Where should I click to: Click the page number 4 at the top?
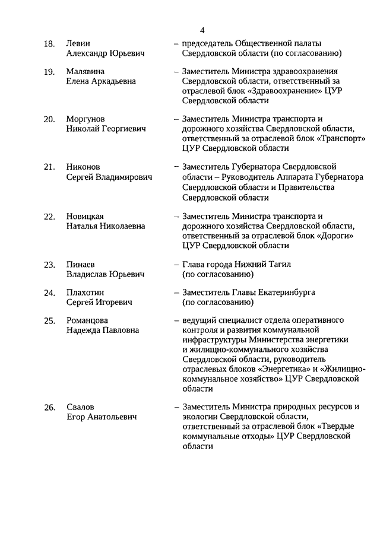click(202, 30)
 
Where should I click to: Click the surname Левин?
click(78, 43)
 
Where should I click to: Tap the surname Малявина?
click(85, 71)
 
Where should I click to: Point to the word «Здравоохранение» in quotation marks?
click(288, 90)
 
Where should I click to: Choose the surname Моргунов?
click(85, 119)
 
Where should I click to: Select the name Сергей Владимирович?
click(109, 177)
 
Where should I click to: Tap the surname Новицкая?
click(85, 216)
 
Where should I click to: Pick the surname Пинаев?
click(81, 264)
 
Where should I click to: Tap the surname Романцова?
click(87, 320)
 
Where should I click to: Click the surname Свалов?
click(80, 407)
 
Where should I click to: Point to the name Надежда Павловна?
click(103, 330)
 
